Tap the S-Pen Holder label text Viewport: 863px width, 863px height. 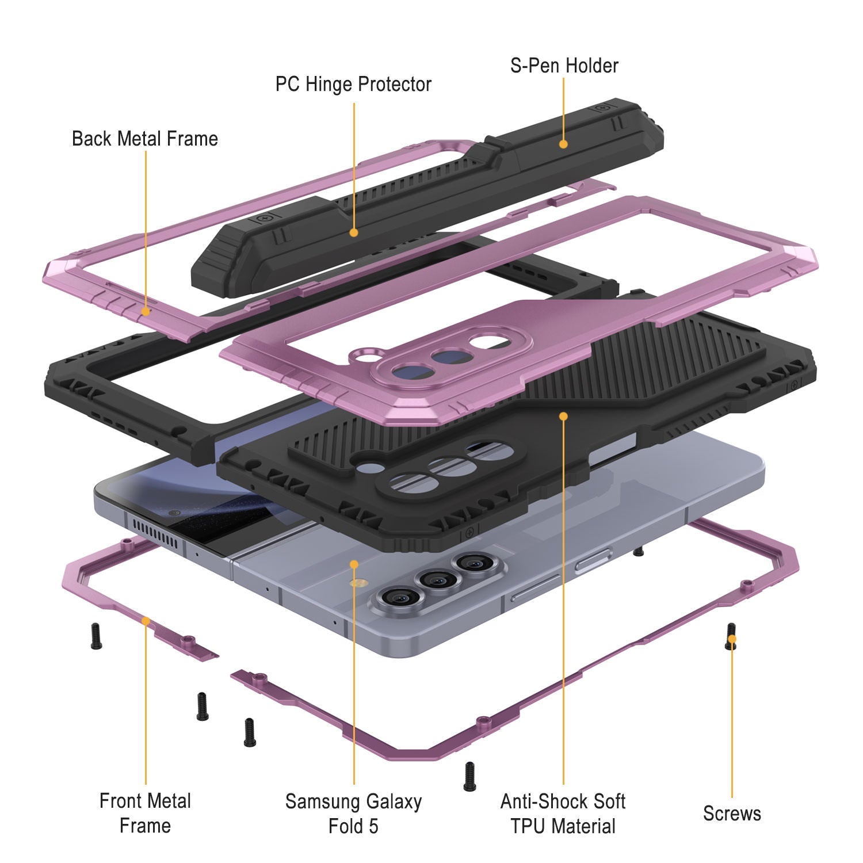coord(564,66)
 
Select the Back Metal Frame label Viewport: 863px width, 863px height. coord(145,139)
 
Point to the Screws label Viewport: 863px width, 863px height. coord(732,814)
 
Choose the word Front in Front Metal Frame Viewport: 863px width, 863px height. coord(123,801)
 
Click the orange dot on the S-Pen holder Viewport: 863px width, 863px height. coord(563,144)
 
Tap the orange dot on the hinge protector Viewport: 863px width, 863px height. coord(354,232)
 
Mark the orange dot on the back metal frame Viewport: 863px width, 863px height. coord(146,311)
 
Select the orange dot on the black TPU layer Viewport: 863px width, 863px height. coord(563,415)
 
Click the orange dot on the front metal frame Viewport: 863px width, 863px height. coord(146,621)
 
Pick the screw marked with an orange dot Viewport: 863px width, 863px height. coord(731,637)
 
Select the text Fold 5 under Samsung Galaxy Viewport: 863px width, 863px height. coord(353,826)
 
